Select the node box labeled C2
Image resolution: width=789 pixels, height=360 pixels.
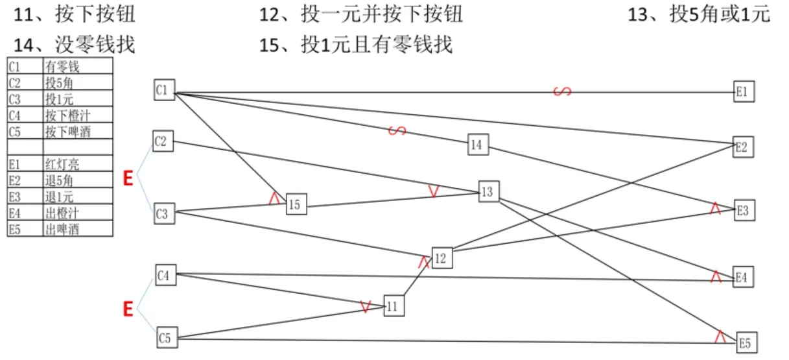pyautogui.click(x=163, y=140)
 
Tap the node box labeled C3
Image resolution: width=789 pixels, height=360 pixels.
pyautogui.click(x=165, y=214)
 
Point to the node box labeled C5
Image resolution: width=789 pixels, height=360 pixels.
pyautogui.click(x=167, y=338)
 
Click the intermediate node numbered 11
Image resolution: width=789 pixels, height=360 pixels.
pyautogui.click(x=394, y=306)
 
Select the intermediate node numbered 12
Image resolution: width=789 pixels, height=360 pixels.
pyautogui.click(x=442, y=258)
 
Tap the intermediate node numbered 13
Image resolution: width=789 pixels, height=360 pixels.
pyautogui.click(x=488, y=191)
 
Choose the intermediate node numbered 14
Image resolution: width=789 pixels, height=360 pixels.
pyautogui.click(x=478, y=145)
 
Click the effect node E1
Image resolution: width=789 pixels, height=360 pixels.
pyautogui.click(x=744, y=92)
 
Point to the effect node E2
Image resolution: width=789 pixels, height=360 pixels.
pyautogui.click(x=742, y=147)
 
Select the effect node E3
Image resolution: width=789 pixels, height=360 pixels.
pyautogui.click(x=744, y=210)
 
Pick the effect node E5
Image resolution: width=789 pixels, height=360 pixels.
pyautogui.click(x=746, y=342)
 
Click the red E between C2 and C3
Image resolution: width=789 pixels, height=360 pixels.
pyautogui.click(x=128, y=178)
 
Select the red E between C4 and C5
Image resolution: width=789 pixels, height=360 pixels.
pyautogui.click(x=128, y=309)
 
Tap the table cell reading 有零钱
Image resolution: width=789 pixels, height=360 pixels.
pyautogui.click(x=77, y=66)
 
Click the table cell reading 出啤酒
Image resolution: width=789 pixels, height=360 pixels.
pyautogui.click(x=77, y=228)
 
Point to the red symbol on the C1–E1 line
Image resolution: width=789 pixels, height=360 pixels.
pyautogui.click(x=562, y=91)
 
